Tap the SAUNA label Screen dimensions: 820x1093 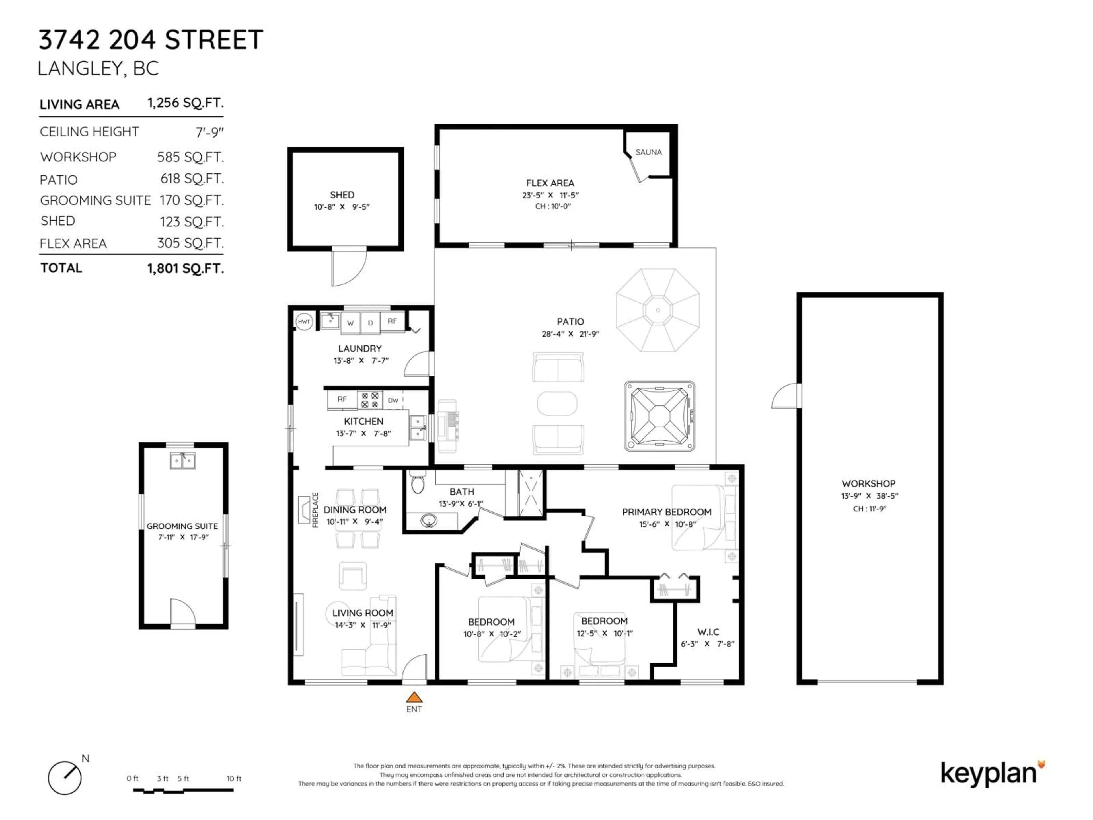click(x=648, y=152)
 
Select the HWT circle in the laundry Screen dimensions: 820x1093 click(x=304, y=322)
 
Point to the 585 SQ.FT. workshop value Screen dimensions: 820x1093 click(x=190, y=157)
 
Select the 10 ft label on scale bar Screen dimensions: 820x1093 click(x=234, y=778)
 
